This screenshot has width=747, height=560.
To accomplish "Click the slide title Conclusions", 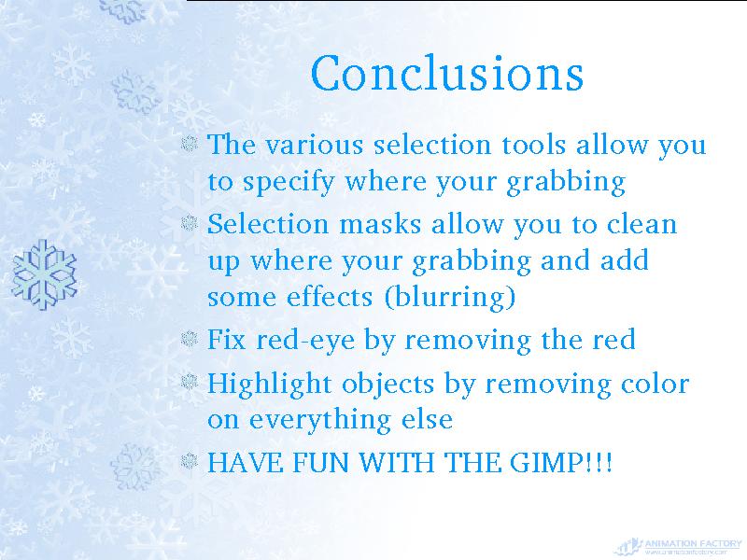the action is click(447, 73).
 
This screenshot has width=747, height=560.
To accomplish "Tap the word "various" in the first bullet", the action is click(315, 145).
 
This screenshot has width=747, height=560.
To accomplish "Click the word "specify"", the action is click(289, 182).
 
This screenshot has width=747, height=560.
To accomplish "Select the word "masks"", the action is click(380, 224).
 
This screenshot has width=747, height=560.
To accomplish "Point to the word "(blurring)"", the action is click(450, 297).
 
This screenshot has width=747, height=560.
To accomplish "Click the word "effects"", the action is click(330, 297).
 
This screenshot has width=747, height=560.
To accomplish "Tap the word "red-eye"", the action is click(305, 341).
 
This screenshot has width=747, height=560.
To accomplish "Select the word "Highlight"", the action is click(269, 385).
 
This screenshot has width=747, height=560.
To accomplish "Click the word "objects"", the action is click(388, 385).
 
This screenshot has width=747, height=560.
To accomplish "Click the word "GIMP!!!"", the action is click(561, 462).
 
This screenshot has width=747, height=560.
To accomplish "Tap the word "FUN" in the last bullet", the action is click(320, 462).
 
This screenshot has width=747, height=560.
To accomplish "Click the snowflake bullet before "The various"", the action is click(190, 144).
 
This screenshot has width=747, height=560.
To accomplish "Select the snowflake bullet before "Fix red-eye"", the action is click(190, 339).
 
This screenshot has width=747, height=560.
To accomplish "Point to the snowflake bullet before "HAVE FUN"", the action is click(190, 460).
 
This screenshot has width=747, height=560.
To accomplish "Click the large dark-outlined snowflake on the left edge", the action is click(44, 274).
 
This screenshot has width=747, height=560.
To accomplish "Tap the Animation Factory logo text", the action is click(693, 543).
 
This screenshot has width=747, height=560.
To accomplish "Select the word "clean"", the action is click(641, 224).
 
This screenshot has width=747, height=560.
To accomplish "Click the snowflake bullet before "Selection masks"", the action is click(190, 222).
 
